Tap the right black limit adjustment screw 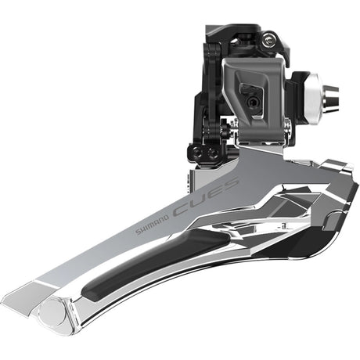(212, 154)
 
